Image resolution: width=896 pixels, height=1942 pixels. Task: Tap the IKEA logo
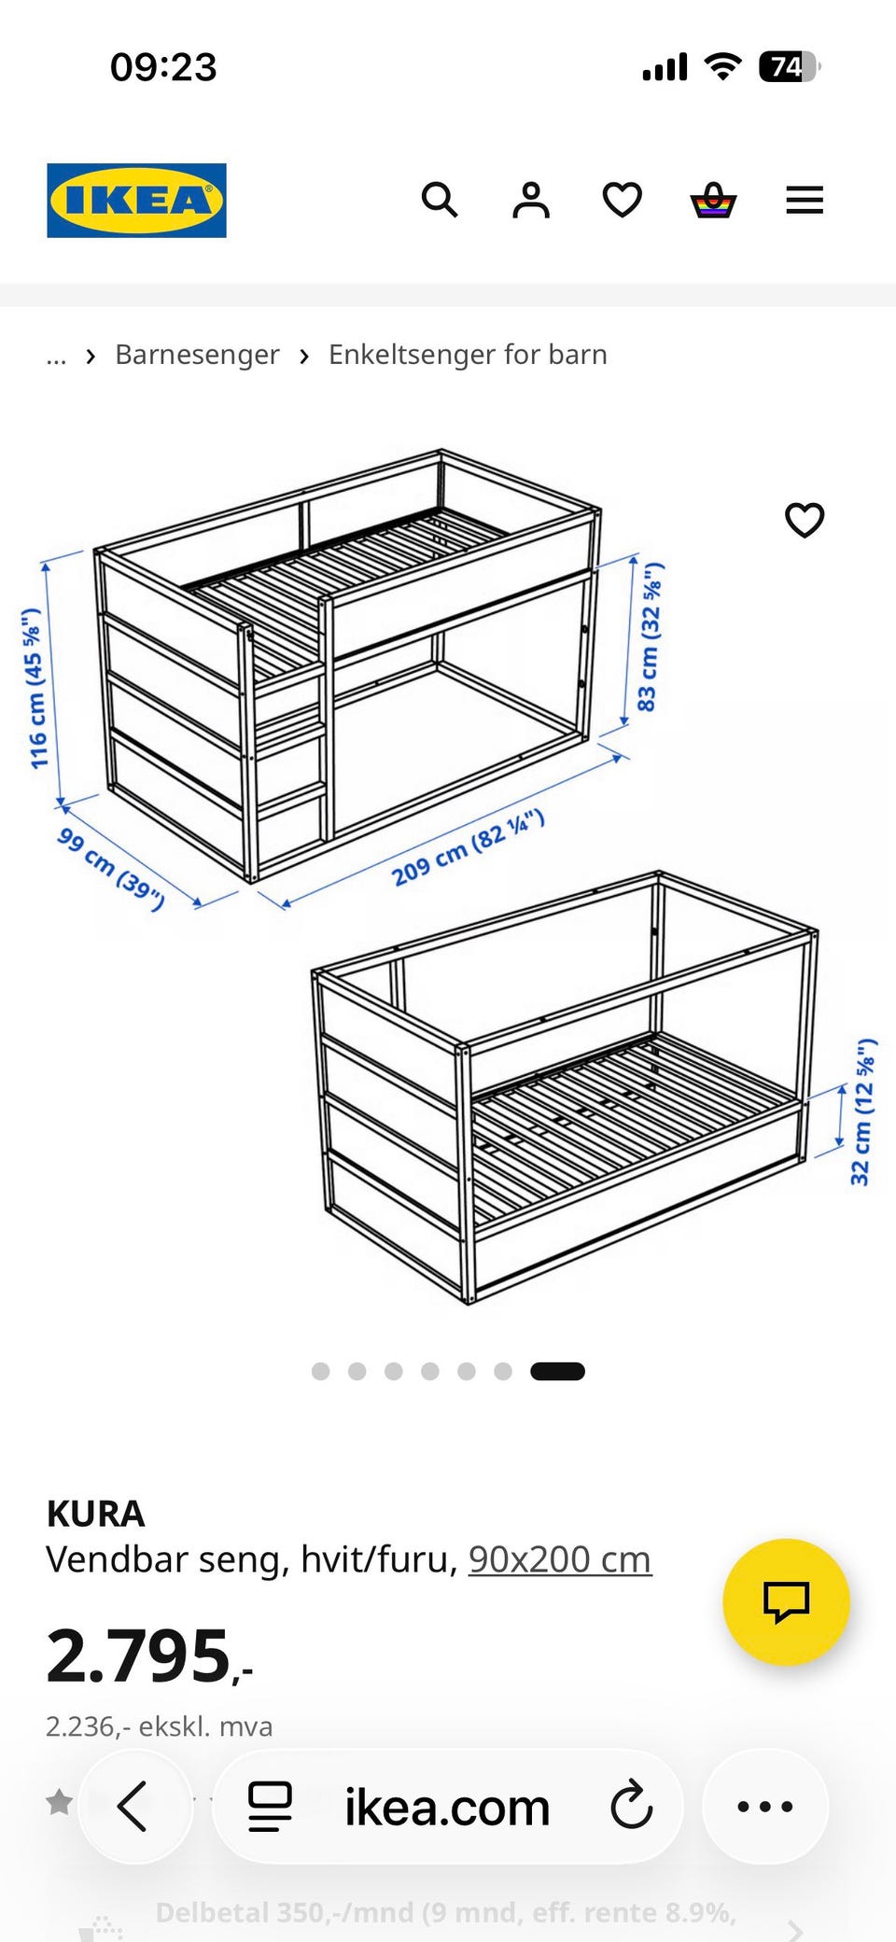(136, 201)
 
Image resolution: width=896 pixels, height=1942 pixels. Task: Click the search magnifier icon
(440, 200)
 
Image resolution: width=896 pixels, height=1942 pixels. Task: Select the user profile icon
(531, 200)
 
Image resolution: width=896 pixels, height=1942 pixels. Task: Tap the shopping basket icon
(714, 200)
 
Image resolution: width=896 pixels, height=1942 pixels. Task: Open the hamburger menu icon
(805, 200)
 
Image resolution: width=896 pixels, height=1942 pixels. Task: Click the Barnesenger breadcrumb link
(197, 355)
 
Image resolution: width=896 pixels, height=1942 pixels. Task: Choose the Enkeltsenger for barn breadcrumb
(468, 355)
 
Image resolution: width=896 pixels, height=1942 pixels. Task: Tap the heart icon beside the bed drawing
(805, 520)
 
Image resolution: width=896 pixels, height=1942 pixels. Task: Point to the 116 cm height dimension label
(35, 688)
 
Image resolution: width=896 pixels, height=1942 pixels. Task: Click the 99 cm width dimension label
(111, 868)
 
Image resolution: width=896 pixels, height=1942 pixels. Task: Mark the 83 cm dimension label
(650, 636)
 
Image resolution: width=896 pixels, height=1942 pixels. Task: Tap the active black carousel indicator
(557, 1371)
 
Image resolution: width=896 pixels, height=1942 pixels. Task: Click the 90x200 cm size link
(560, 1559)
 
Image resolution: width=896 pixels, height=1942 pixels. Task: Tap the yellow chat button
(786, 1601)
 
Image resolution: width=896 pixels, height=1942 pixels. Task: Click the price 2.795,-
(149, 1656)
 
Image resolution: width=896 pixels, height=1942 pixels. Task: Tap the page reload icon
(632, 1806)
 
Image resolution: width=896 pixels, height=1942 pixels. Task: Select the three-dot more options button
(765, 1807)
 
